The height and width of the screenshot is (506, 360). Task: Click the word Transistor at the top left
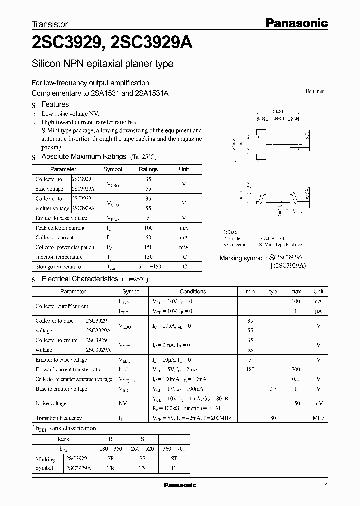click(50, 24)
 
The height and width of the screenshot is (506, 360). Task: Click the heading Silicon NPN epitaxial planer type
click(102, 64)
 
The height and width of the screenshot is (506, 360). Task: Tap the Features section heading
click(55, 104)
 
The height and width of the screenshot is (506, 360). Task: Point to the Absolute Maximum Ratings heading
click(83, 156)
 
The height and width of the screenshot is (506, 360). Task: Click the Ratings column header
click(148, 169)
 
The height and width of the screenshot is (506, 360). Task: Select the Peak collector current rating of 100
click(148, 228)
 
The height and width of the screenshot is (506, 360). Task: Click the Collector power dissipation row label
click(65, 247)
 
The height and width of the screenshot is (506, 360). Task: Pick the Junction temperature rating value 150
click(148, 257)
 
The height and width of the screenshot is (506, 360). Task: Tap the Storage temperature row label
click(58, 267)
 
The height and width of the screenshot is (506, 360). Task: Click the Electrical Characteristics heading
click(80, 279)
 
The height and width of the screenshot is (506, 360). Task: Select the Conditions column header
click(193, 291)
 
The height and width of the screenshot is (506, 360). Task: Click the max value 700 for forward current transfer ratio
click(296, 369)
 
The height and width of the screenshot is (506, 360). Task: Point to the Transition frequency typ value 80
click(273, 418)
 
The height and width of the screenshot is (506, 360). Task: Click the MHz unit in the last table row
click(318, 418)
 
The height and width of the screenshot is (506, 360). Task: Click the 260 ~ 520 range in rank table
click(142, 448)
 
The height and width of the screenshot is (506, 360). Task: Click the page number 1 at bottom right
click(326, 485)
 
